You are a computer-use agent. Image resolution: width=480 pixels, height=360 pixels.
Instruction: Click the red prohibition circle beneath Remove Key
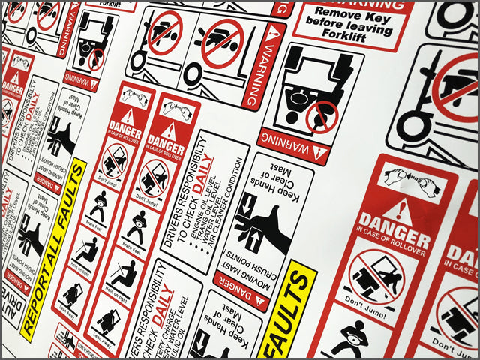[322, 116]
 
